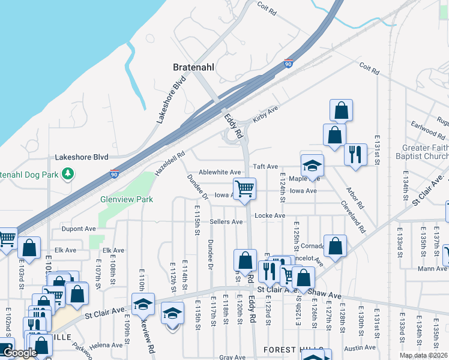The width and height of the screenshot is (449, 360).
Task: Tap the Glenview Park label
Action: pos(127,199)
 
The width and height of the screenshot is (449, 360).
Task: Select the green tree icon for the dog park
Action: pos(69,174)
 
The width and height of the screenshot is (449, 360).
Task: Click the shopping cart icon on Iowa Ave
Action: pos(244,188)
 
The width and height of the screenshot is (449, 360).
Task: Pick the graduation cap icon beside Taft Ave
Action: pos(312,166)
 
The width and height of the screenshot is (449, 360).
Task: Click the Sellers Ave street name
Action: pos(226,221)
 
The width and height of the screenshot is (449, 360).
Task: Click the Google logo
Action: pos(20,353)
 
